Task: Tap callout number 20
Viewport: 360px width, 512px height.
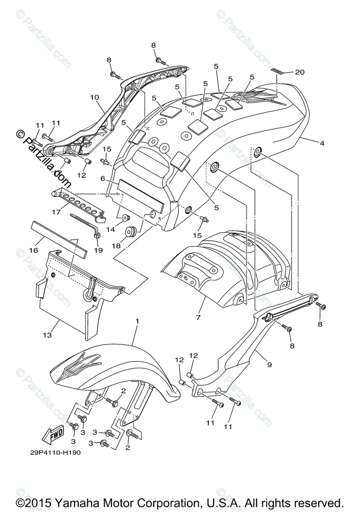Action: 300,72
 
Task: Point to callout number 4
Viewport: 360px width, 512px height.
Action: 322,143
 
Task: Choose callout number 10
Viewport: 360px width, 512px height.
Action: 94,97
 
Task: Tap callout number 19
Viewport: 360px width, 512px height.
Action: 99,250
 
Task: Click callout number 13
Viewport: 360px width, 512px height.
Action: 47,335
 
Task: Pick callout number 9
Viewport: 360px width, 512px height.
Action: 269,365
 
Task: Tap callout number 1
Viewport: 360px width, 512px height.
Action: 137,320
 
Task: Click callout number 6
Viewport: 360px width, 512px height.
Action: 102,180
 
